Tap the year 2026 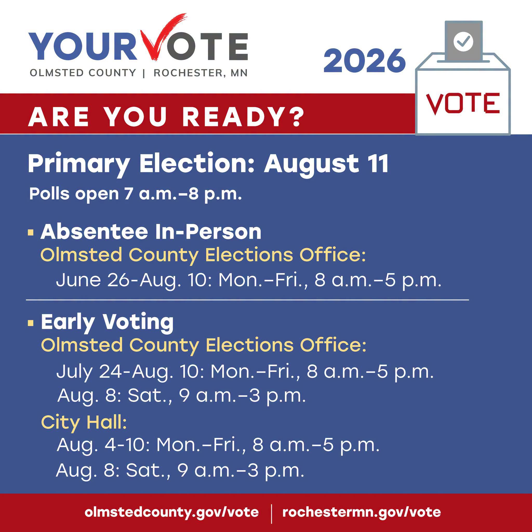364,61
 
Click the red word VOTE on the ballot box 463,104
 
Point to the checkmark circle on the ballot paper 463,42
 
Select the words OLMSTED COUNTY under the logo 83,73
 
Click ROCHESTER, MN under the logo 201,73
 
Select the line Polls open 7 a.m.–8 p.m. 136,194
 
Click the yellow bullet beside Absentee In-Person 31,233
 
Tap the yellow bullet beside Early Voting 31,323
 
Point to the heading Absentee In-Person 151,232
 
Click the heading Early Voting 107,322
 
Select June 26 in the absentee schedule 92,280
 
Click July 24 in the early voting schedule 89,371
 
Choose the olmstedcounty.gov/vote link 172,512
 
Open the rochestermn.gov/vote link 362,512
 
